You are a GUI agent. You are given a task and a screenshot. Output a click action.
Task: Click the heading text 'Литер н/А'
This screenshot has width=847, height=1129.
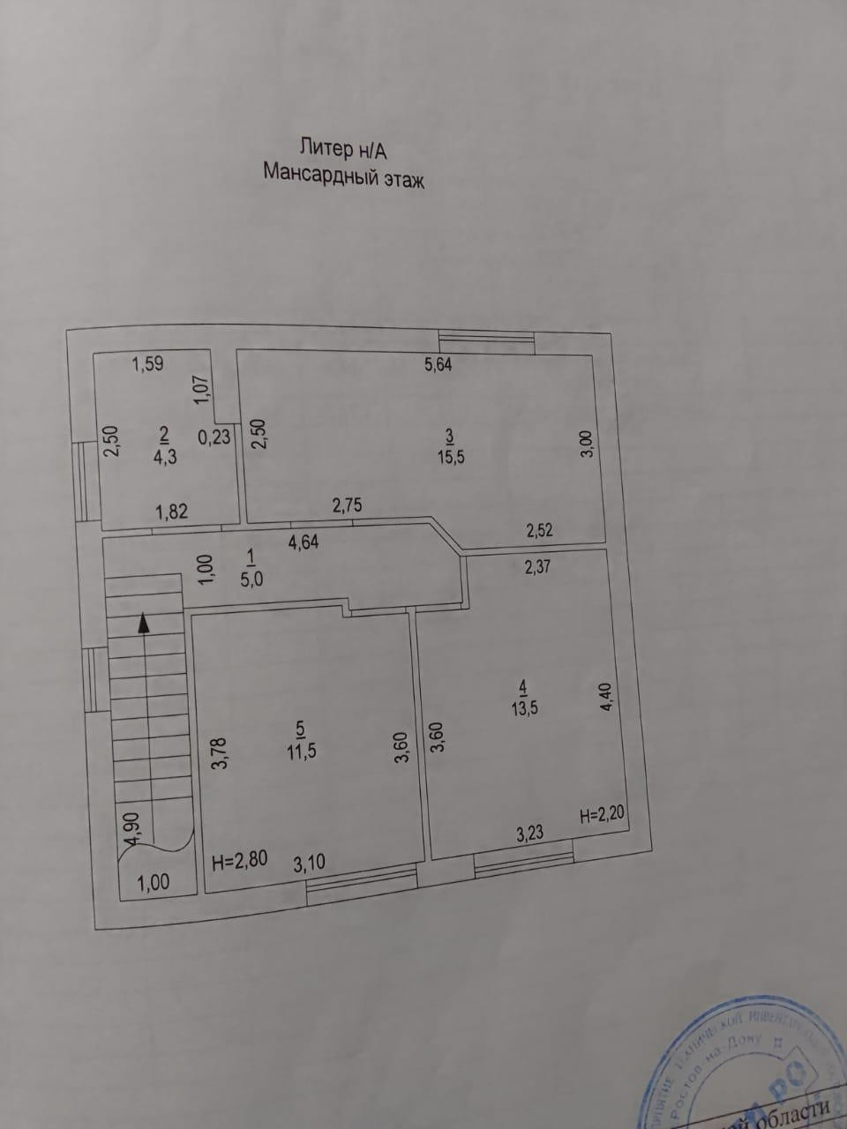pos(344,147)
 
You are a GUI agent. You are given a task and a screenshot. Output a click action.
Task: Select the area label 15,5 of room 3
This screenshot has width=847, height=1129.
pos(450,458)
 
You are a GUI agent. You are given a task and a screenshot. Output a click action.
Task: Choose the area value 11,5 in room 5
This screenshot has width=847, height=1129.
pos(301,751)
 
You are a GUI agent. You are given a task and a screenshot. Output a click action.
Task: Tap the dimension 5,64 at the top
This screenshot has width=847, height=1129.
pos(438,363)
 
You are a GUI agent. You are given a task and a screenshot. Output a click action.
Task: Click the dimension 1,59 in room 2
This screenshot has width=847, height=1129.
pos(147,363)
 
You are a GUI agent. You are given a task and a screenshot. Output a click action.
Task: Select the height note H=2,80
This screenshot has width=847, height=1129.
pos(240,860)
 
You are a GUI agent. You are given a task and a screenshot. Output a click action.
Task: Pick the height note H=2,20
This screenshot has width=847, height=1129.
pos(603,814)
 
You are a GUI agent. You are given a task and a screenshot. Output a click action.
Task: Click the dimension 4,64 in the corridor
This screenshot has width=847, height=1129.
pos(304,542)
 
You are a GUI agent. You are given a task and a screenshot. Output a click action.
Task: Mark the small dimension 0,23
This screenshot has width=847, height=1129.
pos(214,436)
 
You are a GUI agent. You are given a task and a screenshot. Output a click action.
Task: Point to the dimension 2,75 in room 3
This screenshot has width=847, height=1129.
pos(347,505)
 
